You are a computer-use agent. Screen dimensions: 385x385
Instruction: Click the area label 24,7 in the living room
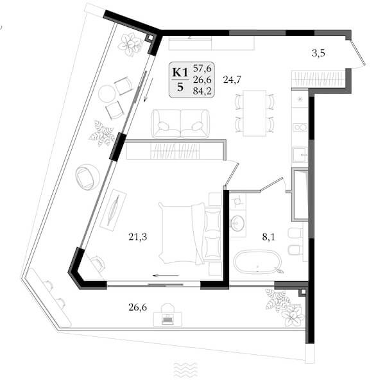click(232, 80)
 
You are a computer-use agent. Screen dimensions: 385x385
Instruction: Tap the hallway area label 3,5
click(318, 53)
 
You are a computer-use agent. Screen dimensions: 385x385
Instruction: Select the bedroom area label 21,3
click(138, 237)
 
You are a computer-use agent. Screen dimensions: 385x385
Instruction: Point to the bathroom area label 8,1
click(269, 237)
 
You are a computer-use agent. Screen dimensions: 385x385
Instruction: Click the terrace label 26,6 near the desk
click(138, 307)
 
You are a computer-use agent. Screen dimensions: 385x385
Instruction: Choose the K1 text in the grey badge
click(180, 73)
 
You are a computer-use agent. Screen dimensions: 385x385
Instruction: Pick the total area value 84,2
click(202, 91)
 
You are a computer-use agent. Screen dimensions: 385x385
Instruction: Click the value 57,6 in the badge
click(202, 68)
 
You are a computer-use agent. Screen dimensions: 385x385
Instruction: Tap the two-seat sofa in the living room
click(181, 123)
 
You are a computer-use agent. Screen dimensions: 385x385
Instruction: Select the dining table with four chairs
click(255, 113)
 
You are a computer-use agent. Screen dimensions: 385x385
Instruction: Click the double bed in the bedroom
click(190, 234)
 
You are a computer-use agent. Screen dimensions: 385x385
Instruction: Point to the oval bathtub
click(257, 262)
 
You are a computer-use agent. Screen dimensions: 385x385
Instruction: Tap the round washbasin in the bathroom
click(237, 223)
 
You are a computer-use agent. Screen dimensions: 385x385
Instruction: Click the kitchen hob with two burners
click(300, 127)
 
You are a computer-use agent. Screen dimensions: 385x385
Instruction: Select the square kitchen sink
click(300, 155)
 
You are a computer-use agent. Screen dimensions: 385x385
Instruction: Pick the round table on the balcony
click(107, 94)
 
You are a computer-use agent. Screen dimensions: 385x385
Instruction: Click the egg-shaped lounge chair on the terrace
click(88, 177)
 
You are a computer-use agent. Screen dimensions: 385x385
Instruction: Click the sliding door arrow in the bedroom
click(166, 275)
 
